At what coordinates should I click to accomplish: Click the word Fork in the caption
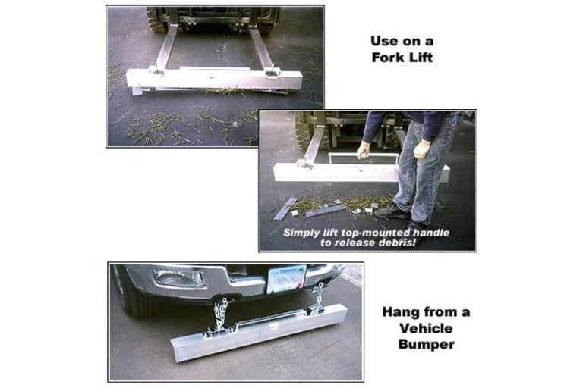click(x=389, y=58)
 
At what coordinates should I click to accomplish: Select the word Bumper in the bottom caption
click(x=426, y=344)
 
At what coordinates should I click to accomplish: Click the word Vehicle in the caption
click(x=426, y=328)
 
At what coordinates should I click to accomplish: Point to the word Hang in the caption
click(x=400, y=312)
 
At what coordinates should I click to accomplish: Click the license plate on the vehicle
click(x=287, y=279)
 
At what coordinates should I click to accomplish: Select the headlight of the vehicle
click(x=178, y=277)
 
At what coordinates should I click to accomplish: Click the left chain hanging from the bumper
click(x=220, y=316)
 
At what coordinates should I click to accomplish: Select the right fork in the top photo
click(x=262, y=48)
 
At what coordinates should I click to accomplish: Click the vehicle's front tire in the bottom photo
click(x=134, y=293)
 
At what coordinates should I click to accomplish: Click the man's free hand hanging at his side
click(x=422, y=149)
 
